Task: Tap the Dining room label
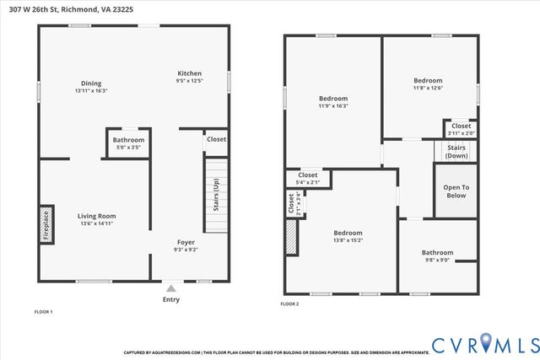pos(91,83)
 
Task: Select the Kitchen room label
pos(189,73)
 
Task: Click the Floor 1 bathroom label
pos(129,140)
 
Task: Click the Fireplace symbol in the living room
pos(46,224)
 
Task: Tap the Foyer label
pos(186,242)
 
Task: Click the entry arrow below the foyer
pos(172,287)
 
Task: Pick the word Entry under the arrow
pos(171,299)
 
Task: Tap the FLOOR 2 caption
pos(289,304)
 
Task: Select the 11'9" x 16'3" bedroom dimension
pos(332,106)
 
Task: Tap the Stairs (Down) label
pos(456,152)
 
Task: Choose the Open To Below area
pos(456,191)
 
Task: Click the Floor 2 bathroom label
pos(437,252)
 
